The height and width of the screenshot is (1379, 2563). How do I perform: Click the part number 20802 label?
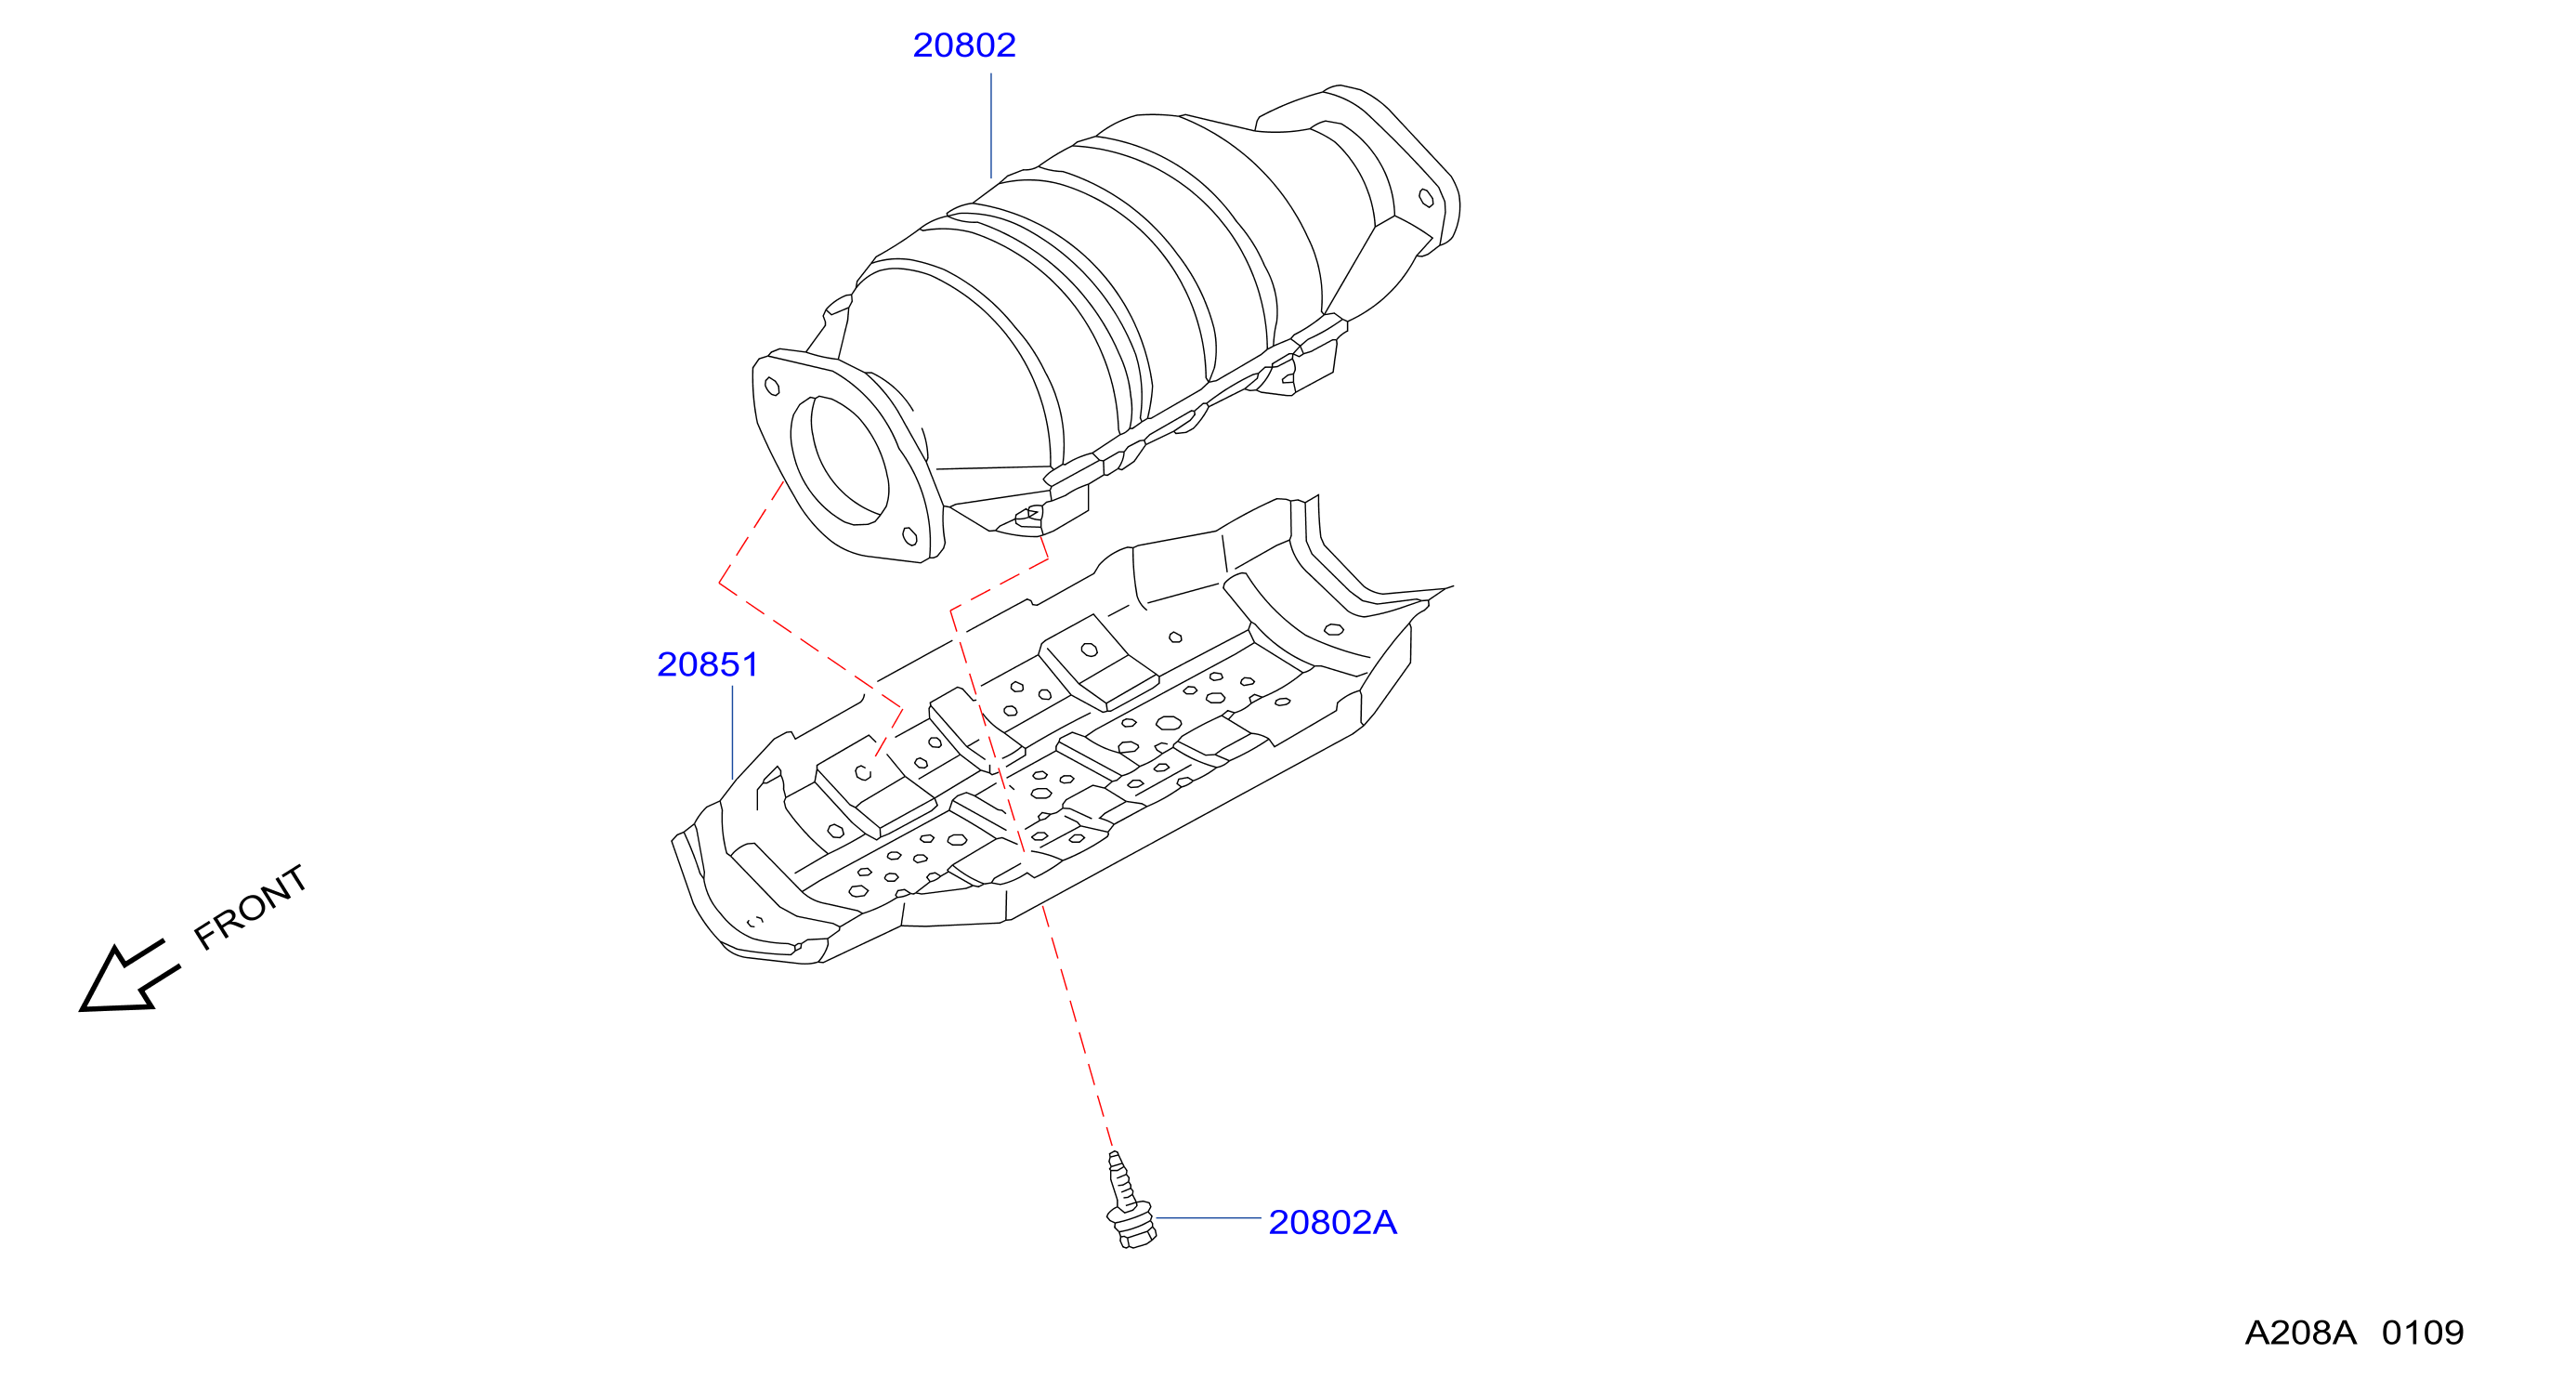coord(963,45)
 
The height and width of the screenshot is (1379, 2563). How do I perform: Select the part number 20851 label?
coord(708,663)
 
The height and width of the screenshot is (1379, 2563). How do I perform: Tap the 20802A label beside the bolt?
coord(1332,1222)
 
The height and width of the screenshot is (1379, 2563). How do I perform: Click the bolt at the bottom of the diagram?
coord(1130,1200)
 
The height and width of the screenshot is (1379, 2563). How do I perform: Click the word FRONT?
coord(250,906)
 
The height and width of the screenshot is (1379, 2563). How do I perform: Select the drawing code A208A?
coord(2299,1333)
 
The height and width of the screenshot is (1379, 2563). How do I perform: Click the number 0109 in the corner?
coord(2422,1333)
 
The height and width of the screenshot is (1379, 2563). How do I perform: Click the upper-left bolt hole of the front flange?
coord(771,385)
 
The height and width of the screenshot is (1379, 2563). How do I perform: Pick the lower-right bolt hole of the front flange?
coord(909,537)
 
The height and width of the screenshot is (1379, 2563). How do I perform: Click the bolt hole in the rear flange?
coord(1426,198)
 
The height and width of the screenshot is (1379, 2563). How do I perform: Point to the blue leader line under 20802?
coord(991,125)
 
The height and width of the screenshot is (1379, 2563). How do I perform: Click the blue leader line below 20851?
coord(732,732)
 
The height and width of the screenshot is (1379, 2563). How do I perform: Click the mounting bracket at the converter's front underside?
coord(1035,517)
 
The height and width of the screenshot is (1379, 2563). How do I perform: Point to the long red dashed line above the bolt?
coord(1077,1026)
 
